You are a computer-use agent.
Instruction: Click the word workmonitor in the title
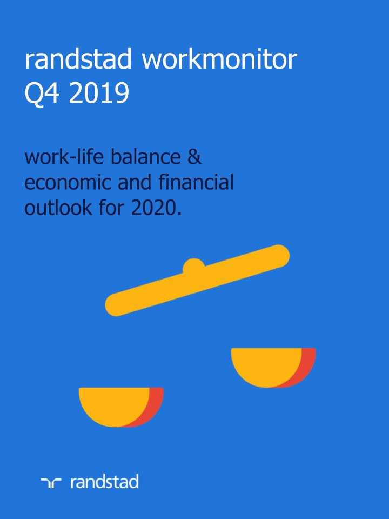(219, 60)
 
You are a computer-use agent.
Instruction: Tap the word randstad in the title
(78, 59)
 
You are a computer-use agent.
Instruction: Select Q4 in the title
(42, 94)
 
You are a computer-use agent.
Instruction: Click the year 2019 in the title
(99, 93)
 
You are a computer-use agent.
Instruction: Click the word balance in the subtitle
(145, 157)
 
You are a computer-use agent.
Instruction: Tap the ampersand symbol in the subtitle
(194, 157)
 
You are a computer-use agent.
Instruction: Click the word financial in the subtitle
(196, 182)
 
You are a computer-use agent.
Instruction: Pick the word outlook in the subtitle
(58, 208)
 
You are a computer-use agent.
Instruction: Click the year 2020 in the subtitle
(154, 208)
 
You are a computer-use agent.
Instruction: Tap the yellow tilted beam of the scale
(197, 281)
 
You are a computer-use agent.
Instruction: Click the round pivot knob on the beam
(193, 265)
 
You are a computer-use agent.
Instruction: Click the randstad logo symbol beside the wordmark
(51, 483)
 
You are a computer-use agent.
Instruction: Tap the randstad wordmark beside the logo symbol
(104, 482)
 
